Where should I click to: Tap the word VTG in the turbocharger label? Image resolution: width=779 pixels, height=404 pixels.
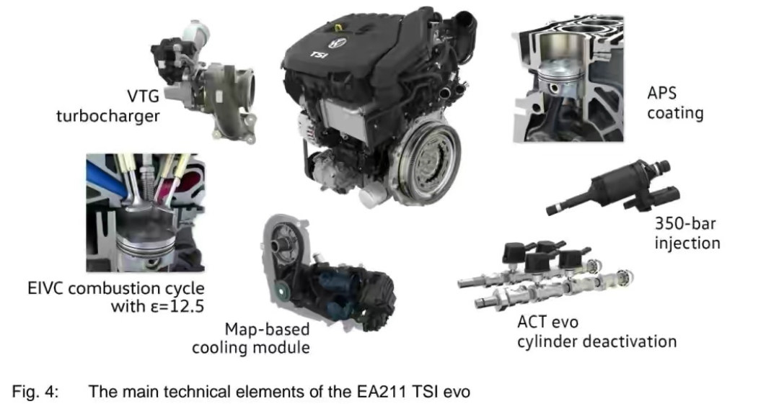pyautogui.click(x=143, y=95)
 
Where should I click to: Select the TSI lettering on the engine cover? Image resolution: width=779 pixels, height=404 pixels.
pyautogui.click(x=319, y=53)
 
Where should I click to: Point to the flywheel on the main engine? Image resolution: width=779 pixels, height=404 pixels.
pyautogui.click(x=426, y=158)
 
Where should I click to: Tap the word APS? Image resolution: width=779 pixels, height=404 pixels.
pyautogui.click(x=661, y=93)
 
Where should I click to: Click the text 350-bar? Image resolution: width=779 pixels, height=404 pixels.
pyautogui.click(x=685, y=223)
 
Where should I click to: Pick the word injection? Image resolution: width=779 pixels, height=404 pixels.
pyautogui.click(x=687, y=243)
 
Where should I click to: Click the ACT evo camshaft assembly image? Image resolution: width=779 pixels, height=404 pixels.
pyautogui.click(x=545, y=274)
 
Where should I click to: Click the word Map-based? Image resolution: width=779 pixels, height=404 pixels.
pyautogui.click(x=267, y=329)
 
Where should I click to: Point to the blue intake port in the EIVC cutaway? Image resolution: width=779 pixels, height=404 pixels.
pyautogui.click(x=105, y=179)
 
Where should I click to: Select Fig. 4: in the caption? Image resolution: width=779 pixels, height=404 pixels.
pyautogui.click(x=35, y=392)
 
